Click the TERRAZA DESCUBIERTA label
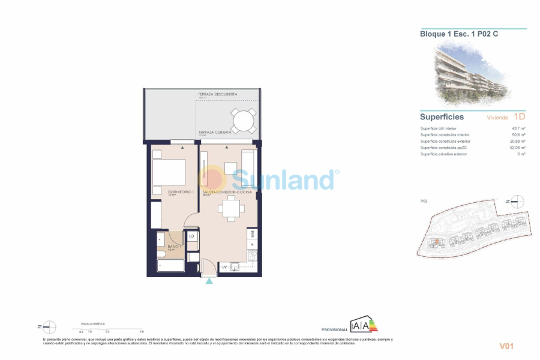(x=218, y=94)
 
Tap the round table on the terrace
(x=243, y=121)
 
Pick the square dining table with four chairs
(x=230, y=209)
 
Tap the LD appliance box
(x=191, y=236)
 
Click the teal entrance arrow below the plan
(x=209, y=281)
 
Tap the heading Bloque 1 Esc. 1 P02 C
(x=459, y=34)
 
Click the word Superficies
(x=442, y=117)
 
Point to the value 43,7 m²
(x=518, y=128)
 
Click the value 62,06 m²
(x=517, y=148)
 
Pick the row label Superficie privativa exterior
(x=444, y=154)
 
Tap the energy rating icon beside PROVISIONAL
(x=364, y=325)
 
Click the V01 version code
(x=508, y=346)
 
